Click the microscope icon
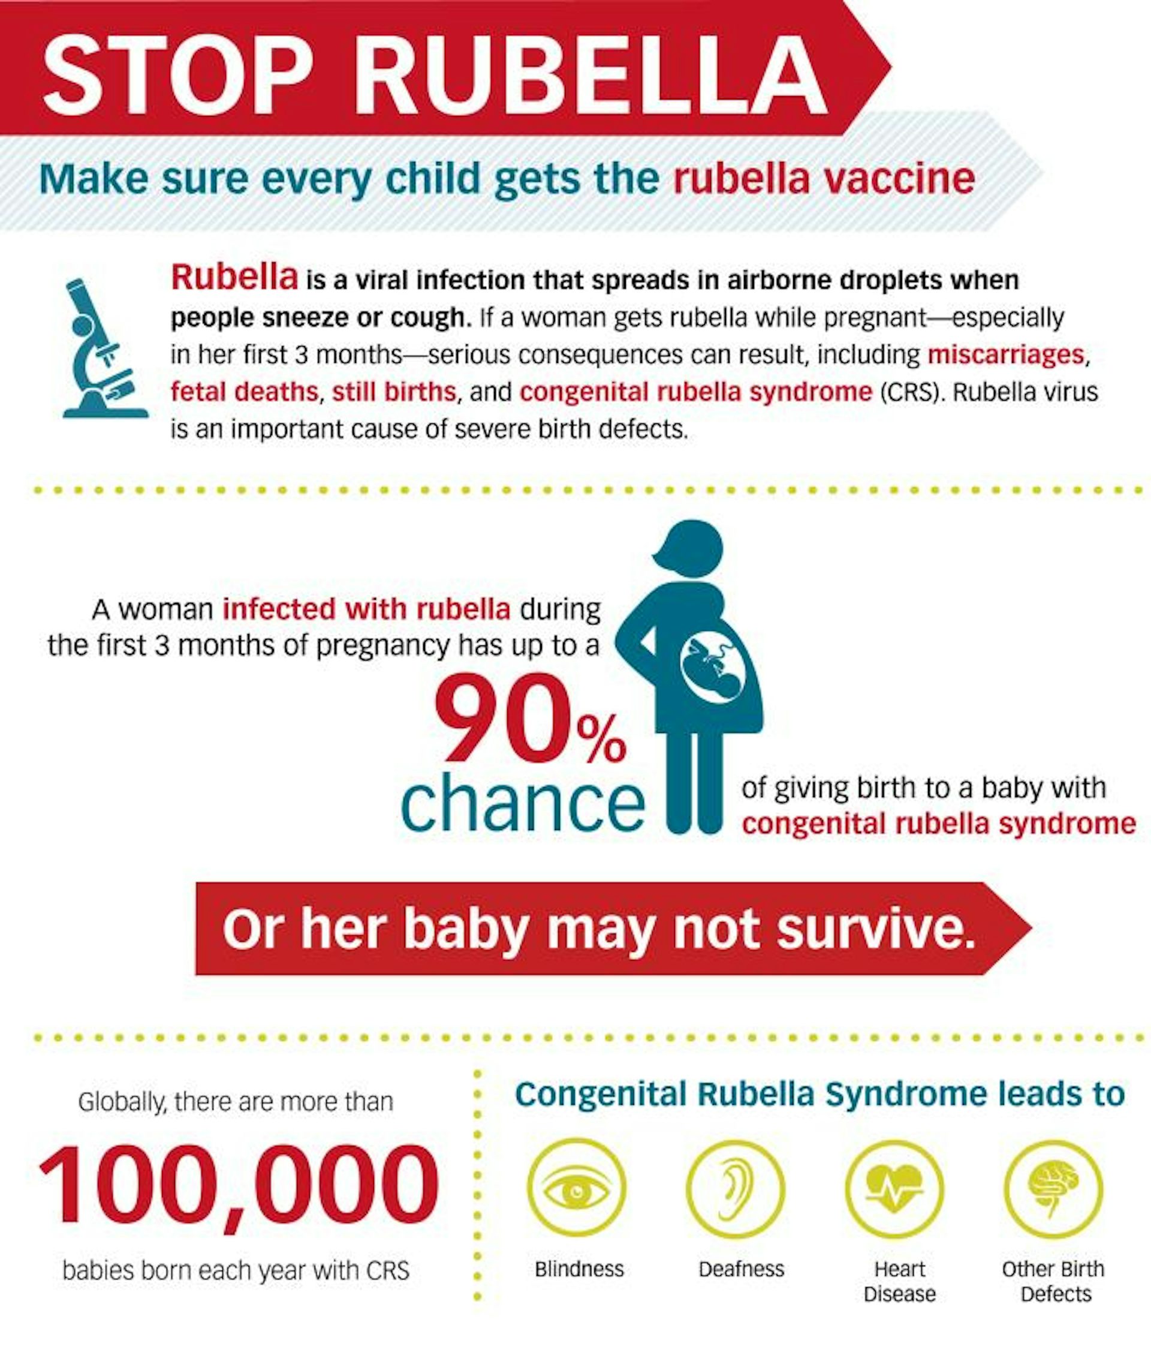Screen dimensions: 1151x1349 coord(104,348)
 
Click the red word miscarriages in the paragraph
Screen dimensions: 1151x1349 coord(1005,355)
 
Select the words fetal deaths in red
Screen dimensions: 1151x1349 coord(245,392)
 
